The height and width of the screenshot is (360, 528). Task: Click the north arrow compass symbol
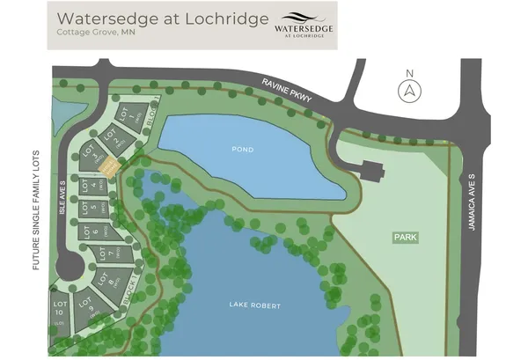(x=407, y=89)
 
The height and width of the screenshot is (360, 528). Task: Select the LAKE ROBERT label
(x=254, y=305)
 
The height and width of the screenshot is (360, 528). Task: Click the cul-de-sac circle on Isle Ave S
(x=70, y=266)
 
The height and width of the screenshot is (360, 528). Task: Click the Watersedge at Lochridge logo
(x=304, y=24)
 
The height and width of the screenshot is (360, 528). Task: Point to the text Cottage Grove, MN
(x=95, y=33)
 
